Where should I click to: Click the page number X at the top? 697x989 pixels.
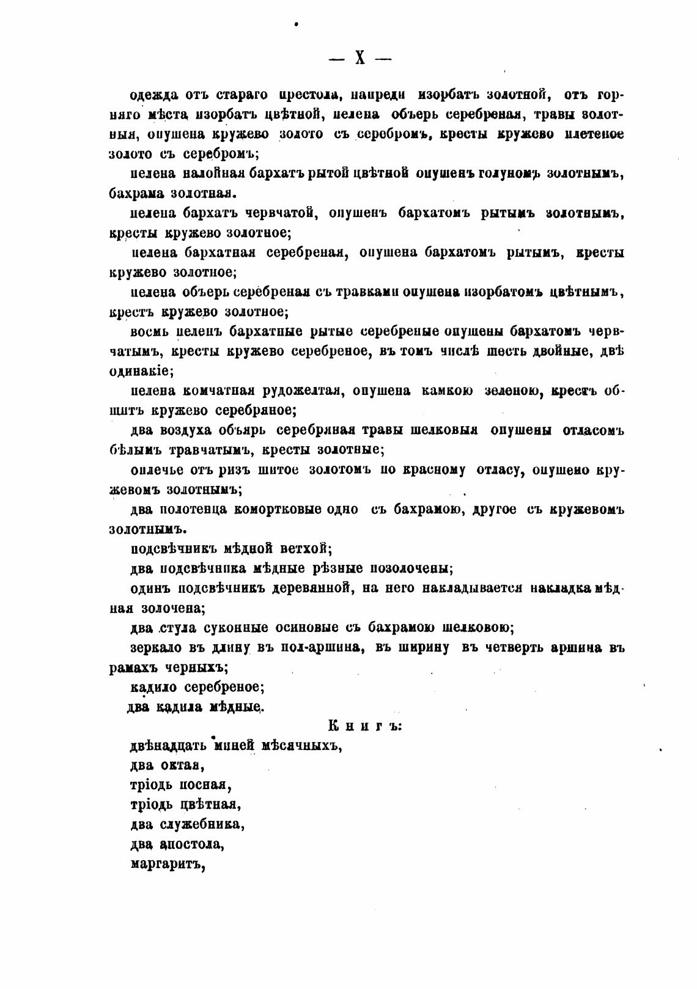click(x=360, y=59)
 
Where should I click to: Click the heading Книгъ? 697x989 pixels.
click(x=364, y=726)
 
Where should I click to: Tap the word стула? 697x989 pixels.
click(x=177, y=628)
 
